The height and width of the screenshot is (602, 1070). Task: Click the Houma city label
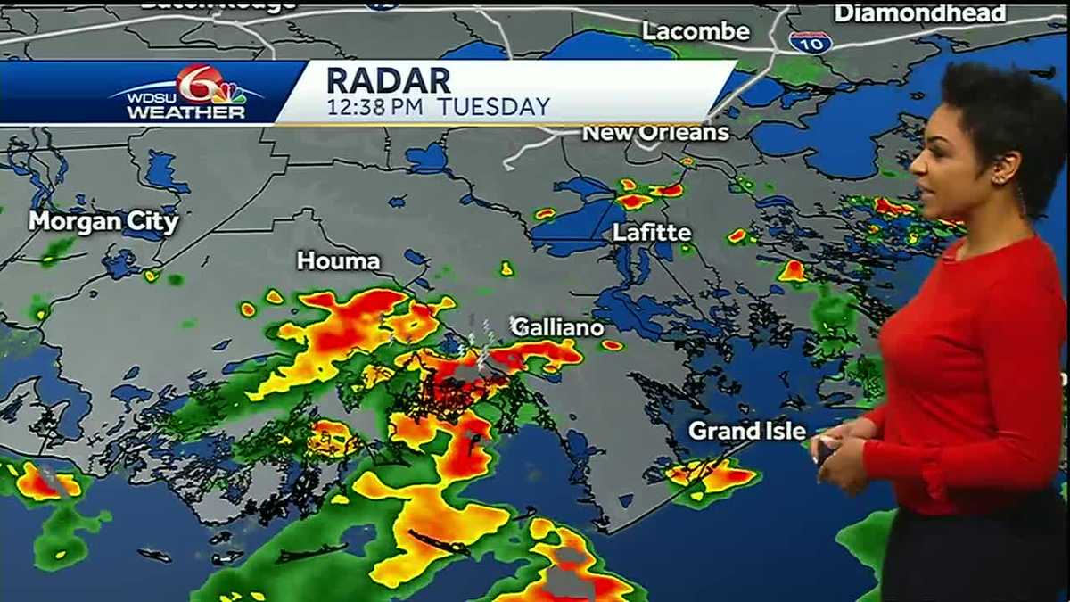point(338,261)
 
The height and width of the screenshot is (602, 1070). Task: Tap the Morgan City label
point(103,221)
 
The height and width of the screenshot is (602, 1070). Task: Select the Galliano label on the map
point(557,327)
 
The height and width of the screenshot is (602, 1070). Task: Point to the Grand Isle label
point(747,432)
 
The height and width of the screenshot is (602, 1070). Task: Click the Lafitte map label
point(652,233)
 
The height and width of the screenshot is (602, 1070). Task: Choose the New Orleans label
point(655,133)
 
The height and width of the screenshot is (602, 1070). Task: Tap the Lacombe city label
point(696,31)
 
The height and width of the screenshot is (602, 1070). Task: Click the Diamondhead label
point(920,13)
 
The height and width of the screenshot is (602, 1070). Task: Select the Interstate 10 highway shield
point(810,41)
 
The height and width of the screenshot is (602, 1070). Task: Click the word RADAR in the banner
point(388,80)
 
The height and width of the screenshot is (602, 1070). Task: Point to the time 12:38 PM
point(374,108)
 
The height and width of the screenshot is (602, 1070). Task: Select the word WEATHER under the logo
point(185,113)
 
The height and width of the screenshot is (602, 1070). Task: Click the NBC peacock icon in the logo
point(229,93)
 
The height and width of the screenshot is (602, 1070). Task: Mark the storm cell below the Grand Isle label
point(711,477)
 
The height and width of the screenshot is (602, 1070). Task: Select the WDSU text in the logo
point(144,96)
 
